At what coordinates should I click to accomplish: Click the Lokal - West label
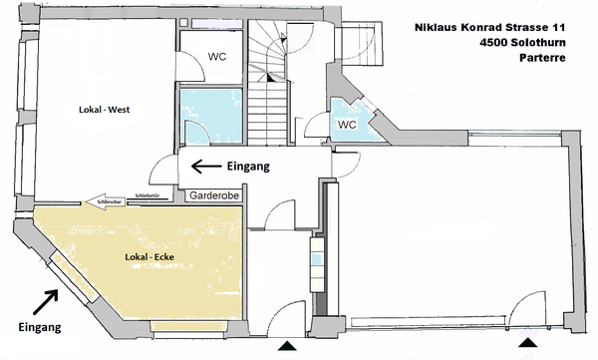click(x=104, y=110)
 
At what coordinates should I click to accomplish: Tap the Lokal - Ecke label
click(x=149, y=257)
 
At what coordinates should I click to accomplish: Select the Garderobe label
click(x=214, y=195)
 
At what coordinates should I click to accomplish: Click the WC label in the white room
click(x=217, y=57)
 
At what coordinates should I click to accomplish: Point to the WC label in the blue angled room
click(x=347, y=125)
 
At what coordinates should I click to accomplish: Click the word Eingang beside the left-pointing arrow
click(x=248, y=167)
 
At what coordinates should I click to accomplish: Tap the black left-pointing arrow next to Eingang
click(x=206, y=167)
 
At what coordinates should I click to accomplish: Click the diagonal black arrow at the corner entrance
click(x=46, y=302)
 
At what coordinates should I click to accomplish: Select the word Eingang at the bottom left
click(x=40, y=327)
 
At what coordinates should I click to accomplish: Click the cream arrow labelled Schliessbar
click(x=106, y=201)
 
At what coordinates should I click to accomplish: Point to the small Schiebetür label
click(x=148, y=195)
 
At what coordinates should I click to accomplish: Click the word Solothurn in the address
click(x=538, y=42)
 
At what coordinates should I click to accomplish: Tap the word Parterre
click(x=542, y=58)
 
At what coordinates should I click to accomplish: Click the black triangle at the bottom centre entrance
click(x=287, y=346)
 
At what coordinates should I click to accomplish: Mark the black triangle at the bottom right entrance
click(x=528, y=342)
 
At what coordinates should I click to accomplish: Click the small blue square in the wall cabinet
click(x=317, y=259)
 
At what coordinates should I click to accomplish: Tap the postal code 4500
click(x=493, y=42)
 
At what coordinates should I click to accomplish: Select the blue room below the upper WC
click(x=211, y=117)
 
